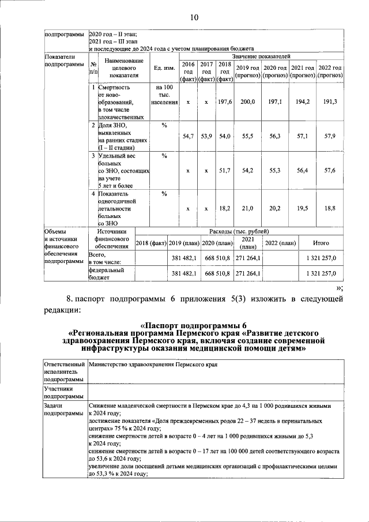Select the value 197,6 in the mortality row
[x=224, y=102]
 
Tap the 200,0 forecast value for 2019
[x=247, y=102]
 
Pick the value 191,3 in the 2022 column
[x=330, y=102]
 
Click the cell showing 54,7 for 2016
[x=188, y=136]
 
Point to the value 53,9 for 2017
[x=206, y=136]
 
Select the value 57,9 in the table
[x=330, y=136]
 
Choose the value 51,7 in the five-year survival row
[x=224, y=171]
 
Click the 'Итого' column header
[x=321, y=243]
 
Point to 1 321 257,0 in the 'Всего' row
[x=321, y=258]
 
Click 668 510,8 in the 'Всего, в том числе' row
[x=217, y=258]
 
